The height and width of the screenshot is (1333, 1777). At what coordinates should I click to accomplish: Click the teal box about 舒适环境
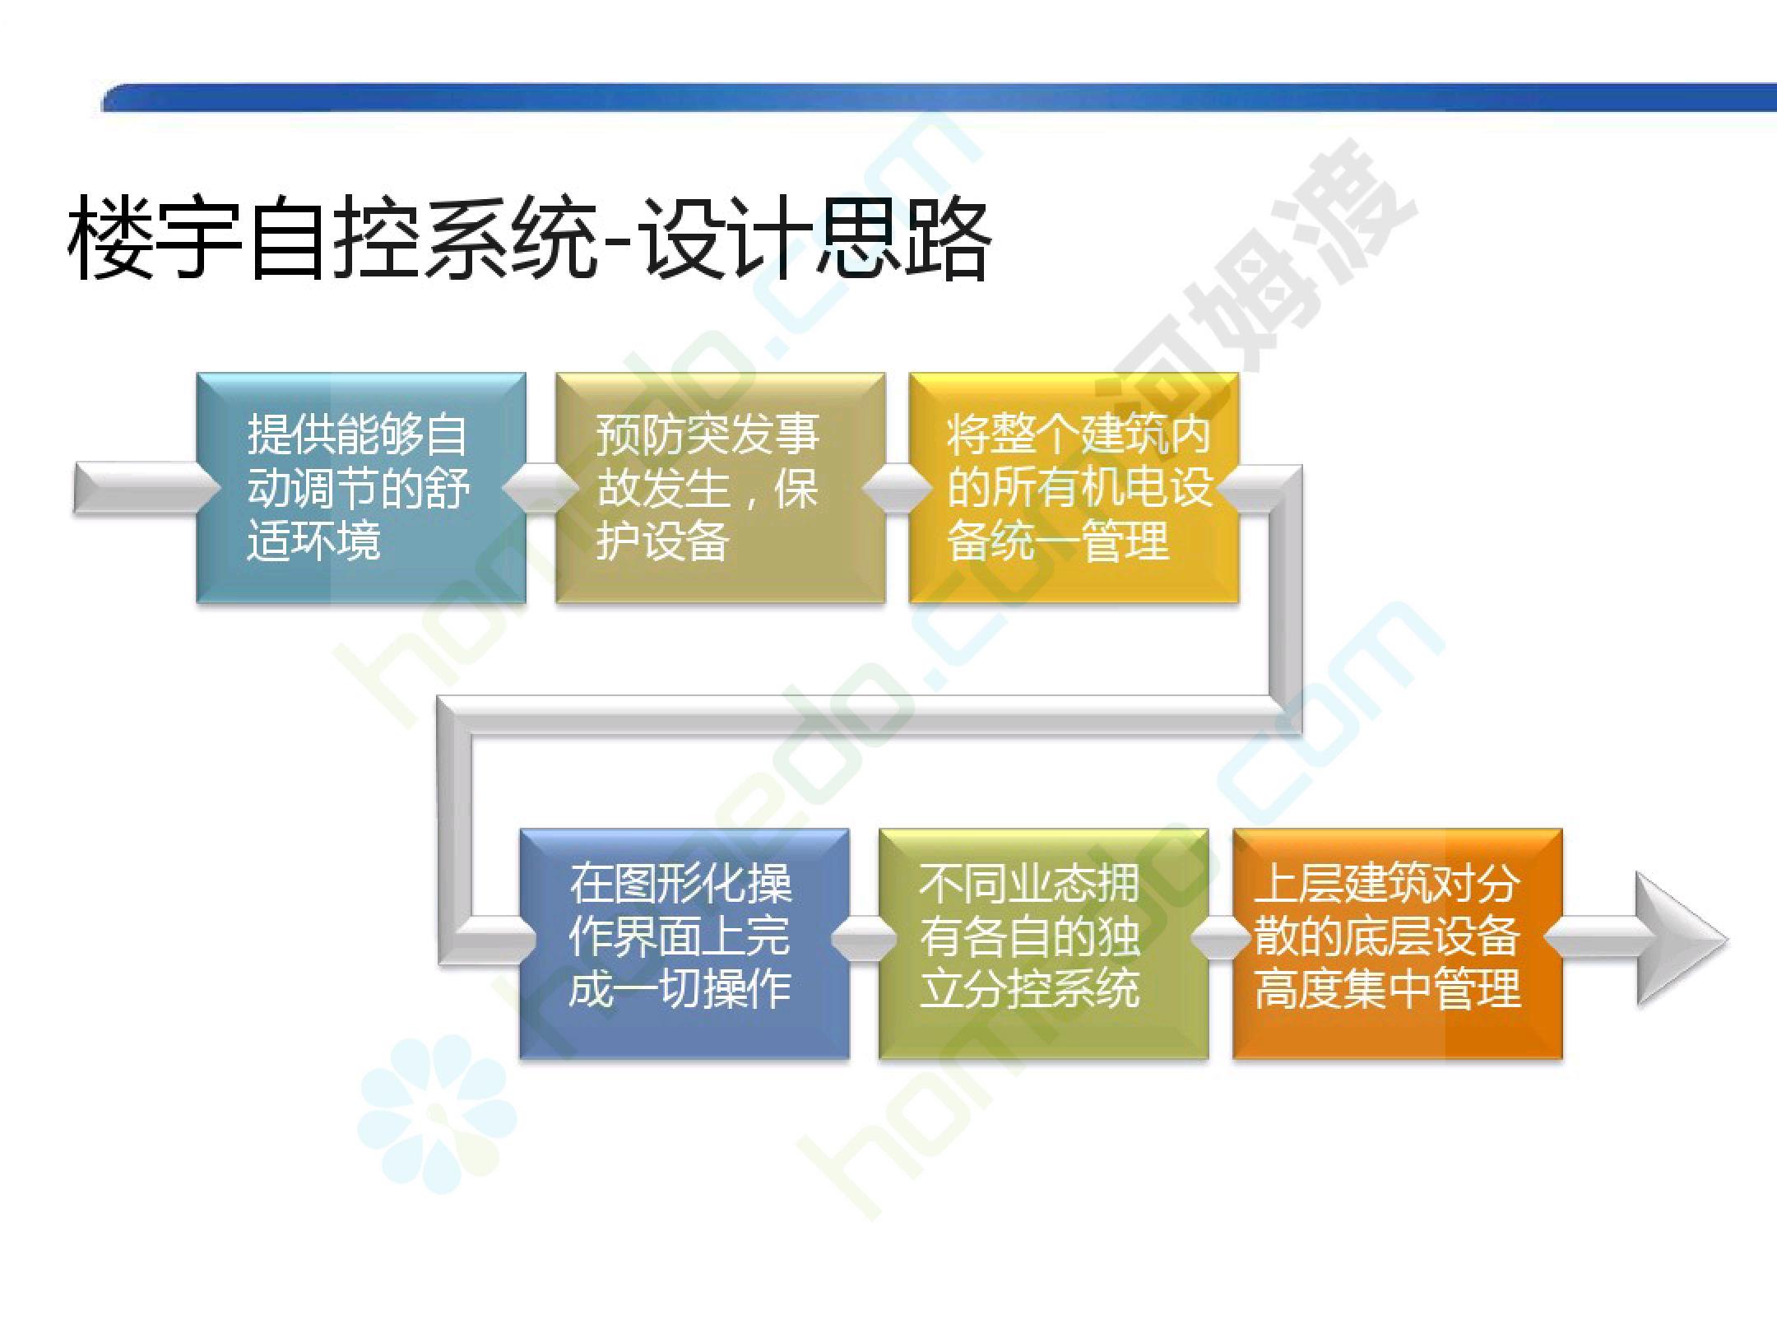[361, 488]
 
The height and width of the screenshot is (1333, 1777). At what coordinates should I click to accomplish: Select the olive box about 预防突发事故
[721, 488]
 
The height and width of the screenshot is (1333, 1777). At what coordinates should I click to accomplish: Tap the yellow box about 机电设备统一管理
[1074, 488]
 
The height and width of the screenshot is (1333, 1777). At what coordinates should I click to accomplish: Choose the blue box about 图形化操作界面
[684, 943]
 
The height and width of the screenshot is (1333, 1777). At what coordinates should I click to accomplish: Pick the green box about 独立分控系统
[1044, 943]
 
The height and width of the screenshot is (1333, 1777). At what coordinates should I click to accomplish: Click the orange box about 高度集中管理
[1398, 943]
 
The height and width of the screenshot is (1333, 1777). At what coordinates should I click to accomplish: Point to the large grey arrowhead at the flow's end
[1678, 939]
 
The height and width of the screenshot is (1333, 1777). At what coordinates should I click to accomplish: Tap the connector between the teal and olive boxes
[541, 488]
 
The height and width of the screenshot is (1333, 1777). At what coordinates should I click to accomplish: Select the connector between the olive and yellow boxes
[898, 488]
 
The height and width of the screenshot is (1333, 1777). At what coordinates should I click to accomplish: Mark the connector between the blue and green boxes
[864, 939]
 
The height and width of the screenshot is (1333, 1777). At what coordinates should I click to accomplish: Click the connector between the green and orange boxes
[1222, 939]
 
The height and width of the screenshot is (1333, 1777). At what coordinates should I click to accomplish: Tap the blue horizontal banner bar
[939, 97]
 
